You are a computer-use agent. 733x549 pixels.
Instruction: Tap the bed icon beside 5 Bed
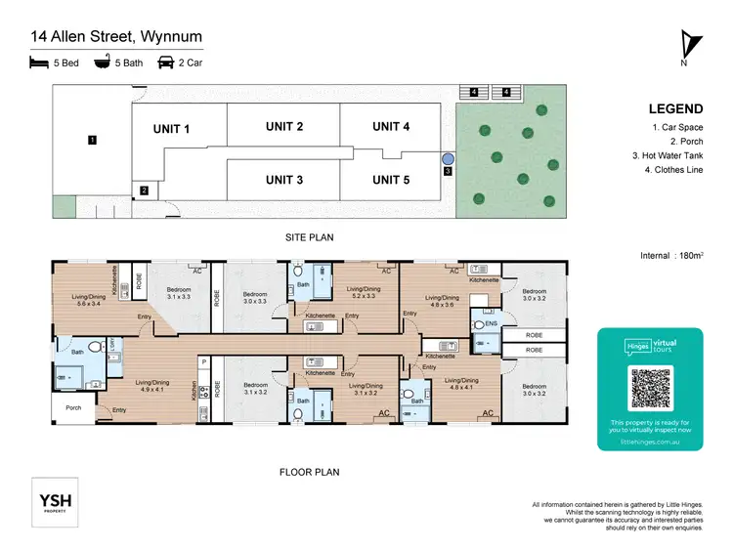(39, 63)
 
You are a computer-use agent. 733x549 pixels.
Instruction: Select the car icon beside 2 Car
(166, 63)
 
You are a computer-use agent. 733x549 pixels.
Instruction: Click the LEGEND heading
(673, 109)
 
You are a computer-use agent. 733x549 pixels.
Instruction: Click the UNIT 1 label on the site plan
(171, 129)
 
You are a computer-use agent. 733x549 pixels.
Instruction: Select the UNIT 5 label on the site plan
(391, 180)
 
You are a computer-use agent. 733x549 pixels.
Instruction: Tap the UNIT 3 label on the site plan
(283, 180)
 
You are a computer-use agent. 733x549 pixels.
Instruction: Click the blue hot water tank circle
(448, 157)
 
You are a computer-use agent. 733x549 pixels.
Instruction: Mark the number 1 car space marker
(91, 141)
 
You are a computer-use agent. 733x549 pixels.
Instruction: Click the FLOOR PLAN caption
(309, 472)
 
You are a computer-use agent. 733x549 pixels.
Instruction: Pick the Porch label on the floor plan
(73, 408)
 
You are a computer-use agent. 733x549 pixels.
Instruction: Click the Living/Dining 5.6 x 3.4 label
(79, 300)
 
